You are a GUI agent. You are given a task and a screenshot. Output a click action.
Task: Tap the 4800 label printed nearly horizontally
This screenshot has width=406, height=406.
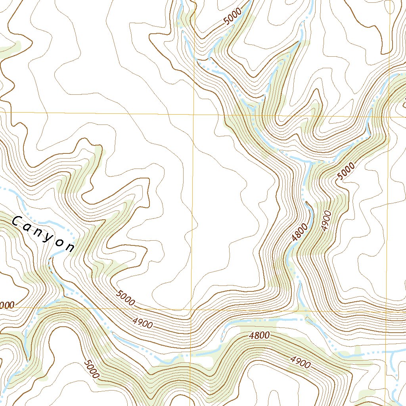click(x=260, y=336)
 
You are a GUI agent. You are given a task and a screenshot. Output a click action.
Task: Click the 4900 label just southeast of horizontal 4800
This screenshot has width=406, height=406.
click(x=300, y=361)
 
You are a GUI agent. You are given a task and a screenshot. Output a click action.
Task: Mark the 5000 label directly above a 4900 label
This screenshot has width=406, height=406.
click(x=126, y=299)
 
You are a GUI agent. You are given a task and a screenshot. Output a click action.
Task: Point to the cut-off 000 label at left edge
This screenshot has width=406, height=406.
click(x=7, y=305)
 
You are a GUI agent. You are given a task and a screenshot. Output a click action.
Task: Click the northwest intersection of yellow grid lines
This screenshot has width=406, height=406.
click(x=194, y=114)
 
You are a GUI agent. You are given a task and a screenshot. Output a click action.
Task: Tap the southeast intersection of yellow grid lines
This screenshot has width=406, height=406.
click(x=387, y=311)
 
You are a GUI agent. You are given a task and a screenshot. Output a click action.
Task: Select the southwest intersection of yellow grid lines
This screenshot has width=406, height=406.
click(x=191, y=309)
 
